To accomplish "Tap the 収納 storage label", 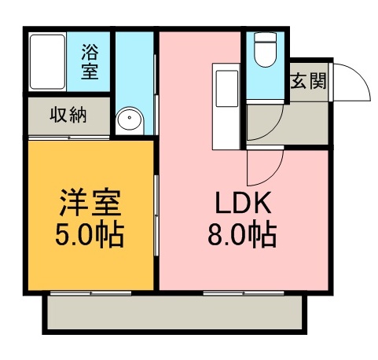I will tap(68, 116).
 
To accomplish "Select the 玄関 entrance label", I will tap(308, 79).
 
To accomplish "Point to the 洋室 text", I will tap(89, 204).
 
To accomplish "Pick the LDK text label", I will tap(244, 204).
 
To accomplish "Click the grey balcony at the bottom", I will tap(174, 314).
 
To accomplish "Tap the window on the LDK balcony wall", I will tap(236, 293).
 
